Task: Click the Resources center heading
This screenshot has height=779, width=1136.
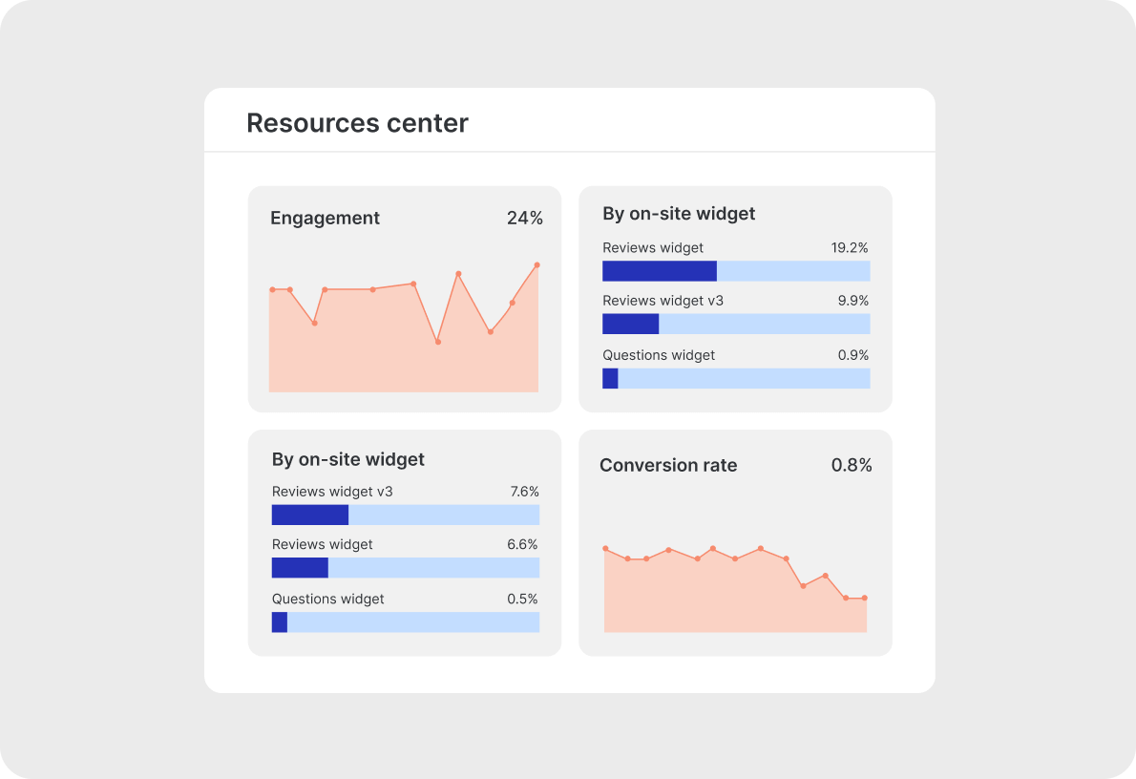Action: click(x=357, y=123)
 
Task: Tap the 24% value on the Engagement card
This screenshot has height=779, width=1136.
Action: click(x=524, y=218)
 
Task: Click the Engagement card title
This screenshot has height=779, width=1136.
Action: click(x=325, y=218)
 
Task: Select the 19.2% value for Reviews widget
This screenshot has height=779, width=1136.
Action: click(x=849, y=247)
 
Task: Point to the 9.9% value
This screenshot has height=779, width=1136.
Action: click(x=852, y=301)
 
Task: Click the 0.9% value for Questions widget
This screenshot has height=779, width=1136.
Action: click(x=852, y=355)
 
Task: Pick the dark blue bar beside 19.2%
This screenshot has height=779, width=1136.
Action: click(x=659, y=271)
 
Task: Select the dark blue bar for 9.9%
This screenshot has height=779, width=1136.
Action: click(x=630, y=324)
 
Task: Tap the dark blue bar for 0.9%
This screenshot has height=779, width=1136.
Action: click(x=610, y=378)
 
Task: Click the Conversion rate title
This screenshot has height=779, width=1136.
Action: click(x=668, y=465)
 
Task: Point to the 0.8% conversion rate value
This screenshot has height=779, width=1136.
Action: click(x=852, y=465)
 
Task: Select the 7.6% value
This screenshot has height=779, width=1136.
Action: click(x=524, y=492)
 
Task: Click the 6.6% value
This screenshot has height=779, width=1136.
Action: click(x=522, y=544)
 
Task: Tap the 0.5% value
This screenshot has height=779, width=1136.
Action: click(x=522, y=599)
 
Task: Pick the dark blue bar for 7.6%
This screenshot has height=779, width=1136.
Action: click(x=309, y=516)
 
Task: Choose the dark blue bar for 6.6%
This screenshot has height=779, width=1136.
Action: click(x=300, y=568)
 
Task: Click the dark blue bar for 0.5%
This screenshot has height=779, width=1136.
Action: click(x=280, y=622)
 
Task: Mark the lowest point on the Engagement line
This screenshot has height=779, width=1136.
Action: click(x=438, y=342)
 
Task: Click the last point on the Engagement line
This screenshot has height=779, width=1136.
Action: click(x=536, y=264)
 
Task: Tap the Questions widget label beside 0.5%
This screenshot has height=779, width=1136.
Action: click(x=327, y=599)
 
